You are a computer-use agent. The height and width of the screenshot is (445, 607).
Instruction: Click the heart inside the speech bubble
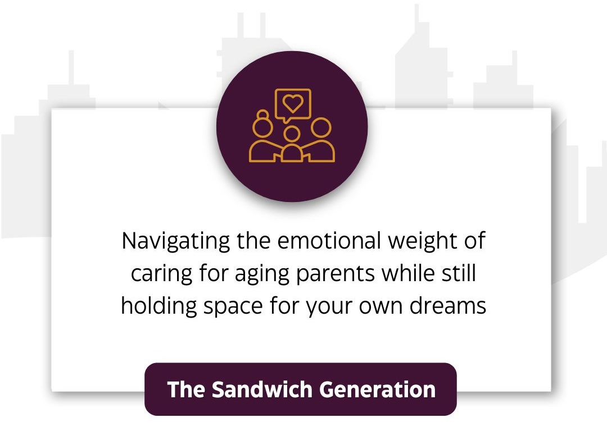click(x=293, y=103)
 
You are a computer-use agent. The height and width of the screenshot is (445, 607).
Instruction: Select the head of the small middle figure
click(x=292, y=134)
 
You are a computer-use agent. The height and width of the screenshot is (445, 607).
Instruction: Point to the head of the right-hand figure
click(x=321, y=127)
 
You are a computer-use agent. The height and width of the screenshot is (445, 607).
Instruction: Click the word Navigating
click(x=176, y=241)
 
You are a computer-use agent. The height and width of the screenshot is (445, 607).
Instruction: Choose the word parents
click(x=335, y=274)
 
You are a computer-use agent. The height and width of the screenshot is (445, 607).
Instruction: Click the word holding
click(x=159, y=306)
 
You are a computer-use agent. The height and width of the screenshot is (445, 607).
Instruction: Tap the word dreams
click(x=448, y=306)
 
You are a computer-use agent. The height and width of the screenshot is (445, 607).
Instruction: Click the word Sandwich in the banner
click(x=262, y=389)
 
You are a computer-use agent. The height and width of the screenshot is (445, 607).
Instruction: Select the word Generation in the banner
click(x=378, y=389)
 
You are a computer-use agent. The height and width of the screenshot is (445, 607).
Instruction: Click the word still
click(x=459, y=273)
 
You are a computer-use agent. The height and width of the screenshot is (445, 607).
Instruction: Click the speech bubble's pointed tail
click(x=286, y=120)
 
